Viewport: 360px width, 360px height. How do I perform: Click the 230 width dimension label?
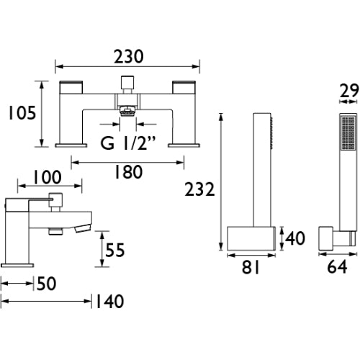[x=129, y=57]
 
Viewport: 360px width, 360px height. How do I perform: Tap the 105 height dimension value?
[x=22, y=113]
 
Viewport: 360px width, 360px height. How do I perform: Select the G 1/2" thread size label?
[x=128, y=143]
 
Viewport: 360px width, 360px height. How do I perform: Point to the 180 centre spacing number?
[x=128, y=172]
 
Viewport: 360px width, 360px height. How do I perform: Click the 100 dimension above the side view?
[x=47, y=177]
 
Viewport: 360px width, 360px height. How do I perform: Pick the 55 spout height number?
[x=115, y=250]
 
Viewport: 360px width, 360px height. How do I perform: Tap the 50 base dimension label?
[x=47, y=284]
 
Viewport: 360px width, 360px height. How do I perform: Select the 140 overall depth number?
[x=110, y=302]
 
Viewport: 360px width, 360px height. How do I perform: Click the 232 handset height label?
[x=199, y=189]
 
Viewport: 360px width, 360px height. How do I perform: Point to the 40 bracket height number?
[x=295, y=238]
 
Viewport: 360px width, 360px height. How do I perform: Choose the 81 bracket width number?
[x=251, y=267]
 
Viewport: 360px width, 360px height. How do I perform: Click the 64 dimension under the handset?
[x=337, y=266]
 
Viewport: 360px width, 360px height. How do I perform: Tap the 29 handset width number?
[x=349, y=91]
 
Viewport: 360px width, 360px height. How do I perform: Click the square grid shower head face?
[x=348, y=132]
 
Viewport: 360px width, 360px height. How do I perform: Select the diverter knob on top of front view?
[x=127, y=84]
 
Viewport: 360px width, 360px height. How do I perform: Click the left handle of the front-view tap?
[x=71, y=87]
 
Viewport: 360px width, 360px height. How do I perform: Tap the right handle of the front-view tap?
[x=184, y=87]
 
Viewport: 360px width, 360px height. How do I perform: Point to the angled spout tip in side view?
[x=83, y=228]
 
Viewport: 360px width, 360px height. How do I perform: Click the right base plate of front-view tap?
[x=184, y=145]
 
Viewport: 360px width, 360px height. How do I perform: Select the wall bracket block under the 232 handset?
[x=251, y=238]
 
